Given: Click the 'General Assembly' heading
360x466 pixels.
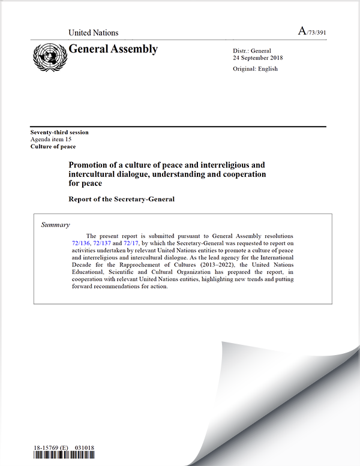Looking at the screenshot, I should (x=113, y=49).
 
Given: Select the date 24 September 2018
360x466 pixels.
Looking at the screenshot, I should (x=258, y=58).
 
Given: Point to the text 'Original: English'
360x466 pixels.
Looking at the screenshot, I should (x=256, y=69).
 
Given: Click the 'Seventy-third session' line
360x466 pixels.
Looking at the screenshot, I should (x=59, y=132).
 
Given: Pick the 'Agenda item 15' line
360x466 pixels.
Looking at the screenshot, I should (x=52, y=139).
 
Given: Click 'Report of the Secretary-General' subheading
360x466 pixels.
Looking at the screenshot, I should (x=122, y=199).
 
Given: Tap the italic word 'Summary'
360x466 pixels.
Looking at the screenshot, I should (x=55, y=225).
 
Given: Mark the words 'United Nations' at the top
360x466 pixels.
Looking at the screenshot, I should (x=94, y=33).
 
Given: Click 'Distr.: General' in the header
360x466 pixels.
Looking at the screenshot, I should (x=253, y=50).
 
